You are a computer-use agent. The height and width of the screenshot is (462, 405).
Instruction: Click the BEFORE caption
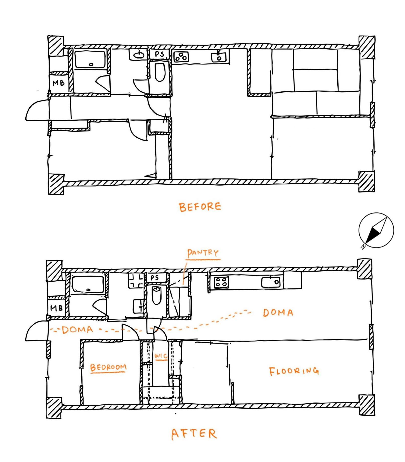point(200,207)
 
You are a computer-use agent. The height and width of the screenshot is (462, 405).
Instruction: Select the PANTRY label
point(203,253)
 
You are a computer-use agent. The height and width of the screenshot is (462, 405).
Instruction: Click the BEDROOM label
point(108,367)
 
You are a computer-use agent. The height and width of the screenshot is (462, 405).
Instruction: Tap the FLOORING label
point(294,371)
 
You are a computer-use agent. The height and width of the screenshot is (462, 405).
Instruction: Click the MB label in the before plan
point(59,83)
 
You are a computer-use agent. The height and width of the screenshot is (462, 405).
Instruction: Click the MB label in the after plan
point(57,308)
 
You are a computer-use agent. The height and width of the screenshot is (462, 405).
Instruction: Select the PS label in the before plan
point(159,54)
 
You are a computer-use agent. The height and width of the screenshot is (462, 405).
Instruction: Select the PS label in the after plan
point(155,278)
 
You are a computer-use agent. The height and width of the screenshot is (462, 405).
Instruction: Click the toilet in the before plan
point(160,72)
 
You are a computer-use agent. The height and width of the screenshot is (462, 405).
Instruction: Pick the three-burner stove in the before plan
point(181,57)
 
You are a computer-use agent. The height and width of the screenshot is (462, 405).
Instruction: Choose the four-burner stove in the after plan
point(222,282)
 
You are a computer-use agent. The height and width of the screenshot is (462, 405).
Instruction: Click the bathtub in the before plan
point(90,59)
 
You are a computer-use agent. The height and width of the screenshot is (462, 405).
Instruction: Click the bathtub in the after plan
point(88,284)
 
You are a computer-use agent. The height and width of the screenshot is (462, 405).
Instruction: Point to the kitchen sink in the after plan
point(271,282)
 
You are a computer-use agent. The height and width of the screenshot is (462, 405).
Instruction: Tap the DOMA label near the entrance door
point(77,330)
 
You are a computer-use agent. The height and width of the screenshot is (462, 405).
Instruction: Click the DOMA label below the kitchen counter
point(278,313)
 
